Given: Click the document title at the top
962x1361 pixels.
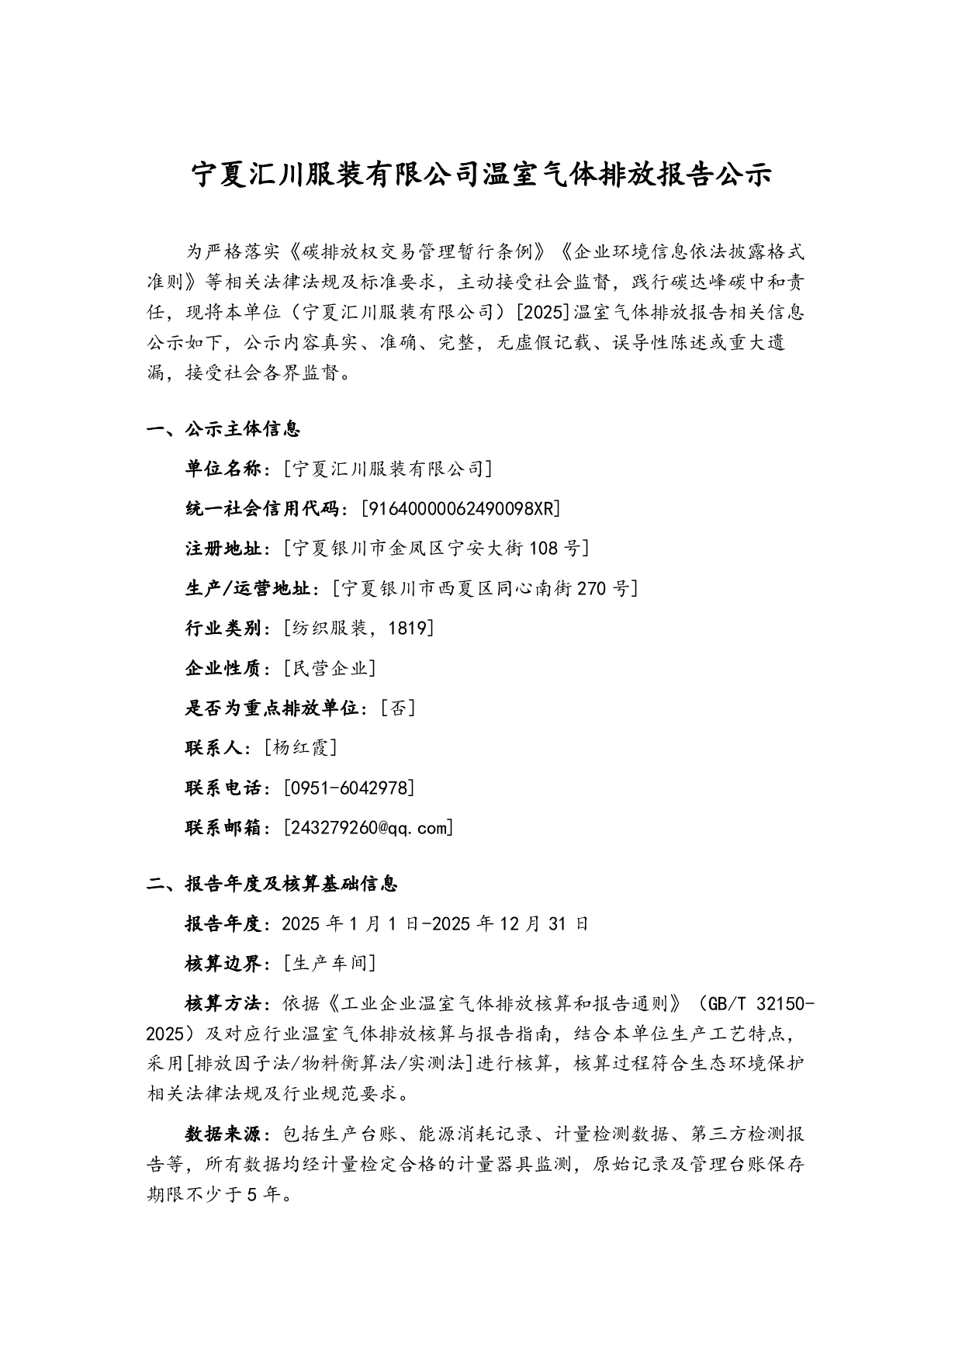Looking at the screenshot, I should pyautogui.click(x=481, y=175).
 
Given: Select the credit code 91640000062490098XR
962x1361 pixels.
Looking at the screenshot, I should pyautogui.click(x=461, y=508).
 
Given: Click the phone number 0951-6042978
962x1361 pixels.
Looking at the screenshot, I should pyautogui.click(x=349, y=788).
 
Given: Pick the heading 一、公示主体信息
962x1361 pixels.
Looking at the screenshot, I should pyautogui.click(x=223, y=428).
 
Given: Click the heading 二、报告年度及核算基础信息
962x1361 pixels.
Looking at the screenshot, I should pyautogui.click(x=272, y=883).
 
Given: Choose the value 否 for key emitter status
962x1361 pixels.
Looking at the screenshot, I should pyautogui.click(x=398, y=708).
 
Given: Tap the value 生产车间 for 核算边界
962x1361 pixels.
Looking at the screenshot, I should pyautogui.click(x=330, y=963).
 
